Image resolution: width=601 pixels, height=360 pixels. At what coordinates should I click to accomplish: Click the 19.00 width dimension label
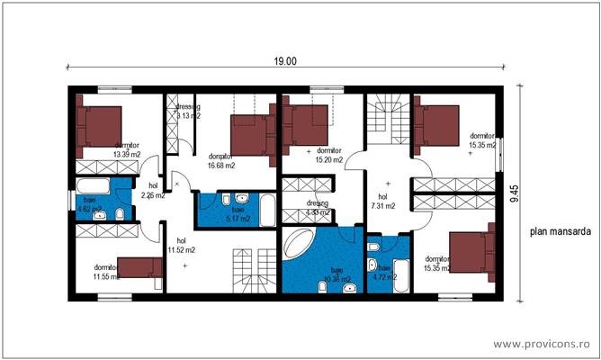pos(285,61)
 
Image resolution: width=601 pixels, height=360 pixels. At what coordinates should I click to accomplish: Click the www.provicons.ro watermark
pos(543,345)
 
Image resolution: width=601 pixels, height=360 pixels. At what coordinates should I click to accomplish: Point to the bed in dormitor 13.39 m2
pos(99,124)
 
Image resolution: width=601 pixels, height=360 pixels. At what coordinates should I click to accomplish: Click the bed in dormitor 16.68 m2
pos(252,133)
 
